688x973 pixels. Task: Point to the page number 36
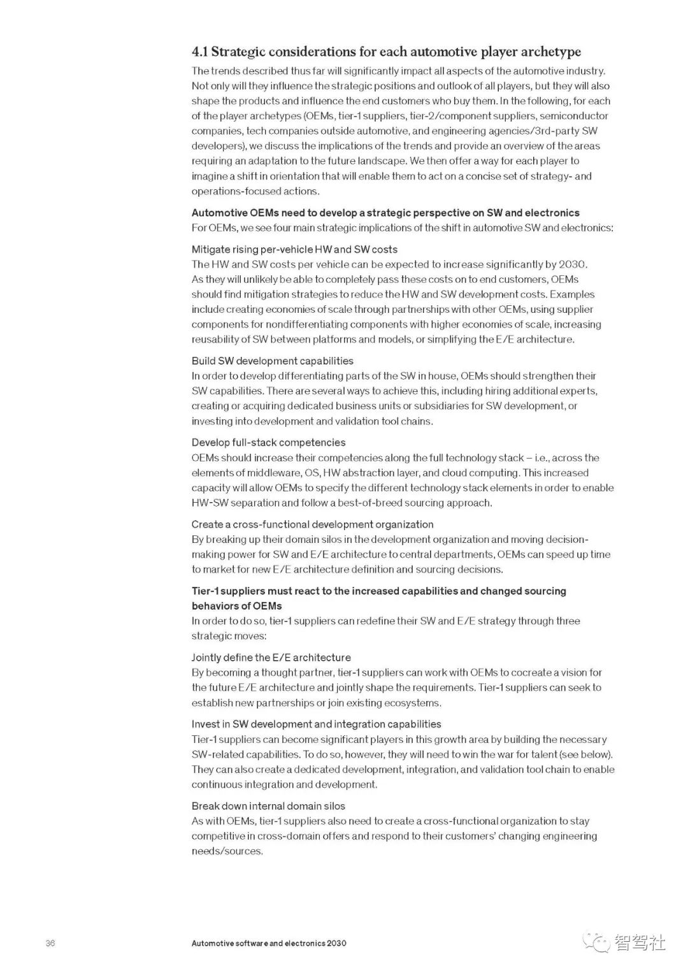coord(50,943)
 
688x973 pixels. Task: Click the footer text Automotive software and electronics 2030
coord(269,943)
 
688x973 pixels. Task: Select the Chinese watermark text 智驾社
coord(640,942)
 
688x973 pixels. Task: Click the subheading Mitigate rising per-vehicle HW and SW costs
coord(294,249)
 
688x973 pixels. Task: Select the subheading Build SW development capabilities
coord(272,361)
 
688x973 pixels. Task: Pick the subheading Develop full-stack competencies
coord(268,442)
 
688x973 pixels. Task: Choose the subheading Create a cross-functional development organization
coord(312,524)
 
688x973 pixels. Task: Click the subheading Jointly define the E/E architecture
coord(271,657)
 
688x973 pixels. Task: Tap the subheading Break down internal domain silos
coord(268,805)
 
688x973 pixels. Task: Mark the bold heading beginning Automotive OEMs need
coord(385,213)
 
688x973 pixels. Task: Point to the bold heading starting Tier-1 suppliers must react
coord(378,591)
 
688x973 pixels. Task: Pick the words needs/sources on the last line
coord(226,851)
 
